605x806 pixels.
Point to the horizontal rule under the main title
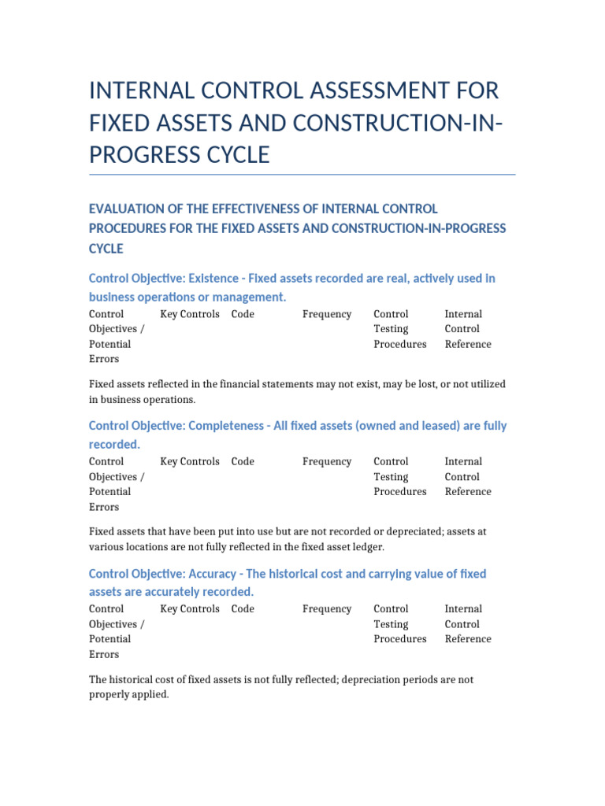[x=302, y=174]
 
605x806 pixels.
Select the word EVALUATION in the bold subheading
[x=126, y=209]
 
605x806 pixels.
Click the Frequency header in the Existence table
[x=327, y=314]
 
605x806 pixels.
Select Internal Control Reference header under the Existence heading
[x=467, y=329]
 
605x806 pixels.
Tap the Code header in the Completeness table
[x=243, y=461]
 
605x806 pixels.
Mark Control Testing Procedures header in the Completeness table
[x=399, y=476]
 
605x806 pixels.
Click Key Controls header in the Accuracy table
[x=190, y=608]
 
